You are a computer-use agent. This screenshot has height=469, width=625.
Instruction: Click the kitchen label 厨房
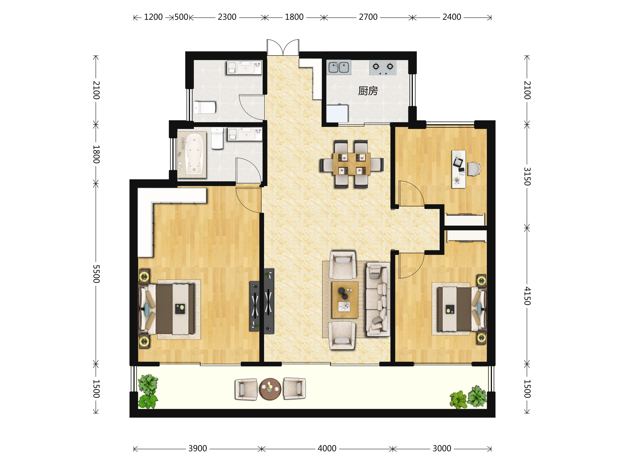coord(368,91)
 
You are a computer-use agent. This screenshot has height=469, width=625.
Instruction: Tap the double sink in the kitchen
coord(339,67)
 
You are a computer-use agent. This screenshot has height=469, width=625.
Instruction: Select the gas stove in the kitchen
coord(383,68)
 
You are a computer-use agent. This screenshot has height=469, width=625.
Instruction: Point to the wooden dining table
coord(352,164)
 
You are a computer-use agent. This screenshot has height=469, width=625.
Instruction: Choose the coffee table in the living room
coord(345,300)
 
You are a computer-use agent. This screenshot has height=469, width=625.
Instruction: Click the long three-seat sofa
coord(378,299)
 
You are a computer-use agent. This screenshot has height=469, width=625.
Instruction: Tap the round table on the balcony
coord(270,389)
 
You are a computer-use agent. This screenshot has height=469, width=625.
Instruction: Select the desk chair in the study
coord(473,169)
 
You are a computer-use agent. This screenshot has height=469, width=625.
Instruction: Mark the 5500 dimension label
coord(96,274)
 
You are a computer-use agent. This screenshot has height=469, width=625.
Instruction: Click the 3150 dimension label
coord(527,176)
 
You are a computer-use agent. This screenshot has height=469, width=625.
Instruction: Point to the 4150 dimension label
coord(527,296)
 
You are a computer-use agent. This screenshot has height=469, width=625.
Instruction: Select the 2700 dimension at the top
coord(368,17)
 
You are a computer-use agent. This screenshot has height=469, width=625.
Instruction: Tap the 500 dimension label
coord(181,17)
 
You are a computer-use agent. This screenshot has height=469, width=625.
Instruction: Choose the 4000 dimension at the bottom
coord(327,449)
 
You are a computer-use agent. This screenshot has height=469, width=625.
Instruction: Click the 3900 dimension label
coord(197,449)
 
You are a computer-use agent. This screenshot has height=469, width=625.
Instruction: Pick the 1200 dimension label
coord(153,17)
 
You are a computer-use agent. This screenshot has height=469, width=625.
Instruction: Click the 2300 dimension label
coord(227,17)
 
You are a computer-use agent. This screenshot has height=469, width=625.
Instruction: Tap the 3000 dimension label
coord(442,449)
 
